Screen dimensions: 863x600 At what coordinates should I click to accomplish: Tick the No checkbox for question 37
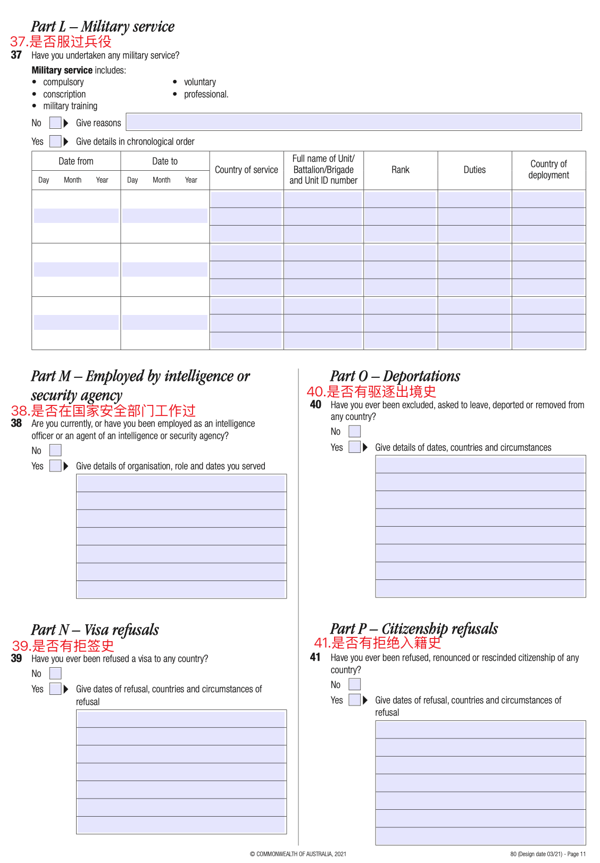coord(55,123)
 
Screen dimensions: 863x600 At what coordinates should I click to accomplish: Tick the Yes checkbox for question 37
coord(55,142)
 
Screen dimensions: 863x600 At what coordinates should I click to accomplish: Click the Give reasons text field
coord(354,122)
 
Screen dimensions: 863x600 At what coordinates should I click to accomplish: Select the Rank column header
coord(401,170)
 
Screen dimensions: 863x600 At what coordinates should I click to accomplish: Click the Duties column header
coord(474,170)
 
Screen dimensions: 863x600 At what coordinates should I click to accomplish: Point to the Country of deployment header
coord(548,170)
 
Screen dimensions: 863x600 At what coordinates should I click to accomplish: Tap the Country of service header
coord(246,170)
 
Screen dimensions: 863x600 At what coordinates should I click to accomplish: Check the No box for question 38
coord(55,451)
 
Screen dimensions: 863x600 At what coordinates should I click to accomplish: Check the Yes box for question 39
coord(55,689)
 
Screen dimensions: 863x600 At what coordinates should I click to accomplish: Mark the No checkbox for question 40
coord(355,431)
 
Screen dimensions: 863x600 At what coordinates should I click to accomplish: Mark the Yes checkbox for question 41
coord(355,700)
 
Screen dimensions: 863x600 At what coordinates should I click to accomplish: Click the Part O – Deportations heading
coord(395,376)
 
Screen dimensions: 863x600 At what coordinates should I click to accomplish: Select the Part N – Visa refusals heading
coord(95,630)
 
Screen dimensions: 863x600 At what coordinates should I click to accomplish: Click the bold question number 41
coord(315,658)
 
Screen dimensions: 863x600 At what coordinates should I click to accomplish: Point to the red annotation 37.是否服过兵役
coord(61,42)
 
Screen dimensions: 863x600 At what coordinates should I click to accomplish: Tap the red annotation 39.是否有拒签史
coord(63,646)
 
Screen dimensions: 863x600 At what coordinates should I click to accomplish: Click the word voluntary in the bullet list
coord(200,82)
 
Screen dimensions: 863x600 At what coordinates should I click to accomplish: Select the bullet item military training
coord(70,106)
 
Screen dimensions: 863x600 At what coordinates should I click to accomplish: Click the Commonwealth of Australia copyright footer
coord(298,854)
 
